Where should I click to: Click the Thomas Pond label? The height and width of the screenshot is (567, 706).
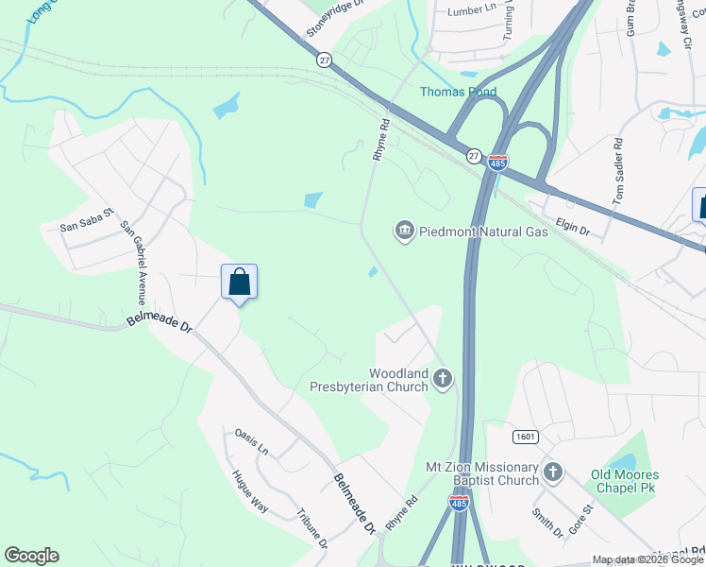(459, 92)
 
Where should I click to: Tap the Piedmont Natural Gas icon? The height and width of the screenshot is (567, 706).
(405, 231)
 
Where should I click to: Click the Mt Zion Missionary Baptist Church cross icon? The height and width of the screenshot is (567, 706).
(553, 472)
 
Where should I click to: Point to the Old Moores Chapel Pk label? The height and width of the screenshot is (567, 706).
(624, 481)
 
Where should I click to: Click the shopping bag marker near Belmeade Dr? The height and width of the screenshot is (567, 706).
(239, 282)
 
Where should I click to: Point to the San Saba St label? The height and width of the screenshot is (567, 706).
(86, 226)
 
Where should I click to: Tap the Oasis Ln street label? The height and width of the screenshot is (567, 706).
(252, 441)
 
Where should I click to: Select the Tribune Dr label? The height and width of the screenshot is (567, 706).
(311, 530)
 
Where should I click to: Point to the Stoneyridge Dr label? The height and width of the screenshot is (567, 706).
(334, 19)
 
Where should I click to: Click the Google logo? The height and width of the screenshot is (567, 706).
(31, 556)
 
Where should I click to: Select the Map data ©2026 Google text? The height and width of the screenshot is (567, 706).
(647, 559)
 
